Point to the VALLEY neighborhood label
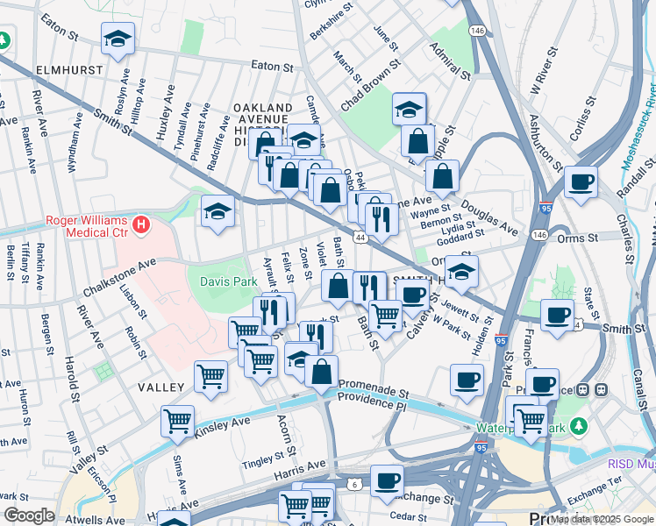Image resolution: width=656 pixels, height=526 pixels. point(160,387)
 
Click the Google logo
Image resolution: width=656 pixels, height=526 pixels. point(29,515)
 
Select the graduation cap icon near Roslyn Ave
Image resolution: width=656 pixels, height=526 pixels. point(118,39)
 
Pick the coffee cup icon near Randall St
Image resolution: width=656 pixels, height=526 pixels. point(581,182)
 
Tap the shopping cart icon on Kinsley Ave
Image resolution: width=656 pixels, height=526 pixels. point(177,421)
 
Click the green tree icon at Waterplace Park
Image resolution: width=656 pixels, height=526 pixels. point(578,426)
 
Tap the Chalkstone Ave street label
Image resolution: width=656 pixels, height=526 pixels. point(119,276)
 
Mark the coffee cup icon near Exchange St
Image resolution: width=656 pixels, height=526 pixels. point(387,480)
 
